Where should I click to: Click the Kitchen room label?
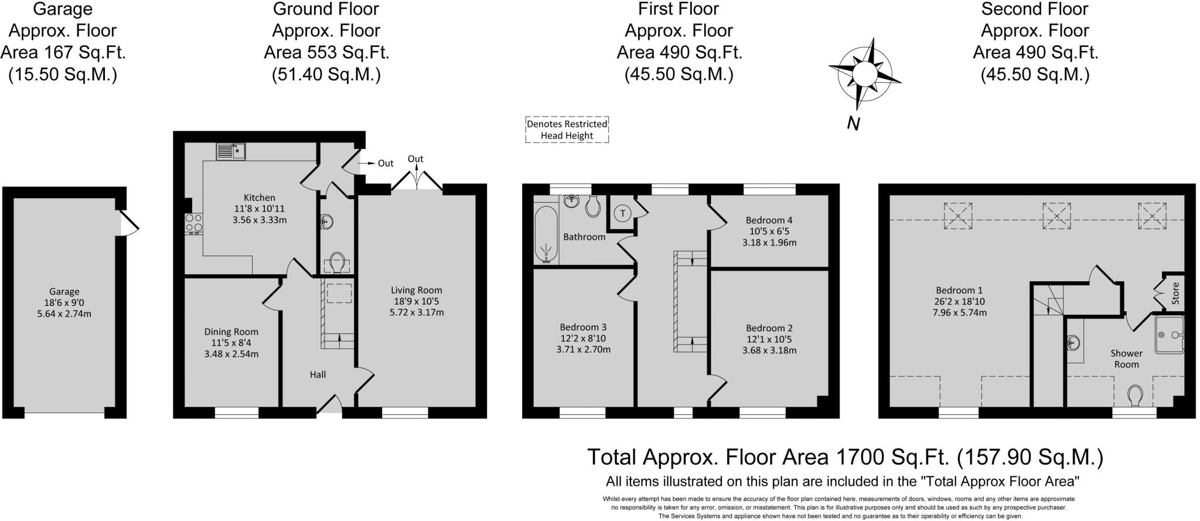pos(260,197)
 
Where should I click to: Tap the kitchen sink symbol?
pos(231,151)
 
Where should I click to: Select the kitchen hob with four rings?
pos(194,223)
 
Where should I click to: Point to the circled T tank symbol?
pos(622,213)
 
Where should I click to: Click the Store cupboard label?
pos(1175,293)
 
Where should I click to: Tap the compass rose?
pos(864,74)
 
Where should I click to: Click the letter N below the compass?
pos(853,124)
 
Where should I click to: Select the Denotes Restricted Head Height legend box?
pos(567,130)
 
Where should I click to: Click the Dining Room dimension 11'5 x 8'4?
pos(231,343)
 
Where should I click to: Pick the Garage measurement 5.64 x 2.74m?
pos(64,314)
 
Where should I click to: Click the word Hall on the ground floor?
pos(318,374)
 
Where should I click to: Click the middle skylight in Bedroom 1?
pos(1056,216)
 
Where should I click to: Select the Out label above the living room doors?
pos(415,159)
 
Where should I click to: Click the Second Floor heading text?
pos(1035,9)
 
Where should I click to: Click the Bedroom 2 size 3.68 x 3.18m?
pos(769,350)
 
